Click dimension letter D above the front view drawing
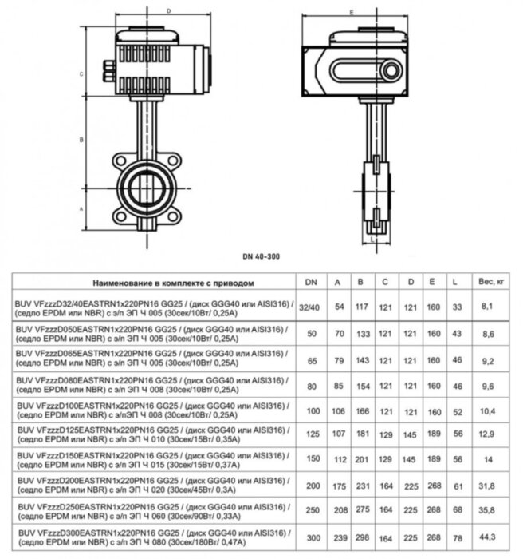point(168,11)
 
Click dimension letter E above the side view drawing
point(373,11)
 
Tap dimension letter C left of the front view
point(83,73)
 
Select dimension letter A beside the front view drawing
point(83,206)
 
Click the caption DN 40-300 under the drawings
point(261,256)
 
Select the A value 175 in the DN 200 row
point(338,486)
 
